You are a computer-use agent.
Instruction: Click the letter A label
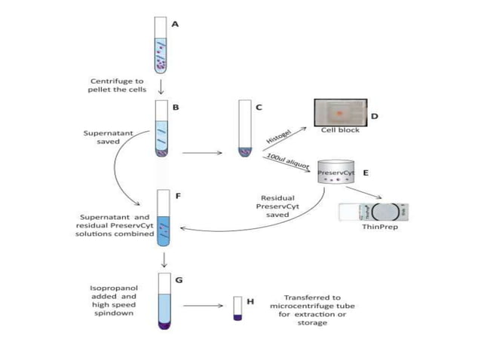pos(176,24)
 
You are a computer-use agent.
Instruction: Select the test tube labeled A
pos(160,44)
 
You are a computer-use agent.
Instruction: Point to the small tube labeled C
pos(243,129)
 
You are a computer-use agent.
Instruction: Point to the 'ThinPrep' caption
pos(378,227)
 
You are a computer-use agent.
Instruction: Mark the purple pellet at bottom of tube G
pos(163,325)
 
